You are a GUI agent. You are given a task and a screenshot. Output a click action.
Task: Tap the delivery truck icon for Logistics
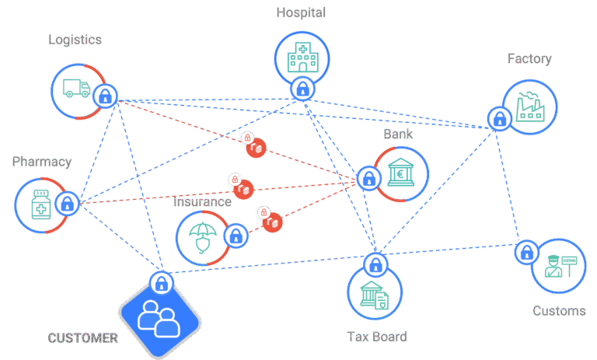pos(76,89)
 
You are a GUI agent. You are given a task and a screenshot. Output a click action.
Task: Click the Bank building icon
pos(402,172)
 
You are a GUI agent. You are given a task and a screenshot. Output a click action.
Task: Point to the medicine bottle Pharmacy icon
pos(40,204)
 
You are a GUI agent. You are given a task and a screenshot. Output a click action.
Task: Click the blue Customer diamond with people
pos(159,315)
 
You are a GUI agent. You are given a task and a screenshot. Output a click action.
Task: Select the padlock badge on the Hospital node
pos(302,89)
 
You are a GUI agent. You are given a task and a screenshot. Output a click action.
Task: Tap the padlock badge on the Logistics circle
pos(105,96)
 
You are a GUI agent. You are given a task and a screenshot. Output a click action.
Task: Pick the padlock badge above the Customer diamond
pos(161,282)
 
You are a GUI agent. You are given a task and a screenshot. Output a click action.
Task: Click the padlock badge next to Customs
pos(527,252)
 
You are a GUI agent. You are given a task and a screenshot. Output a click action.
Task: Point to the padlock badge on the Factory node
pos(498,118)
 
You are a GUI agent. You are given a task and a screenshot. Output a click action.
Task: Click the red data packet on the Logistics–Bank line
pos(256,146)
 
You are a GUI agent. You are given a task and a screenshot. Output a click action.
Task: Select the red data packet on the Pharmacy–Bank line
pos(245,188)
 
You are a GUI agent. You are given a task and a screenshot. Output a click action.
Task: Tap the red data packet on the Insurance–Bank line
pos(271,222)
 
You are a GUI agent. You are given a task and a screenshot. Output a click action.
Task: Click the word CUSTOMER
pos(82,338)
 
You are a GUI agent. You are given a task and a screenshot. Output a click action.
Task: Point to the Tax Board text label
pos(376,337)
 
